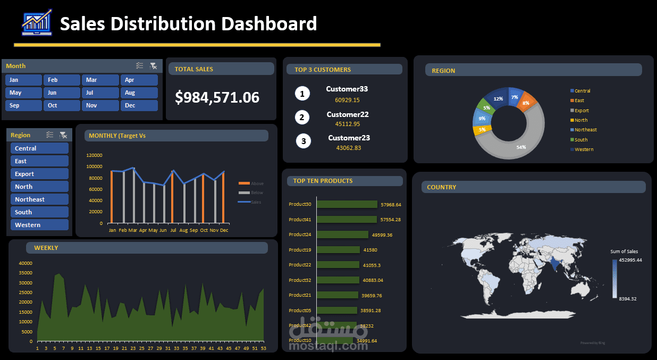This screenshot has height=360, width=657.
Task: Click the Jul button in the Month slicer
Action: (x=100, y=93)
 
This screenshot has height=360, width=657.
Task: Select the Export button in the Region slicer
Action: (x=39, y=174)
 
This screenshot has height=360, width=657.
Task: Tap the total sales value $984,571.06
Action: (x=217, y=97)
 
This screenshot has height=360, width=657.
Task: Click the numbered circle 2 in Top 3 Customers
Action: (x=302, y=118)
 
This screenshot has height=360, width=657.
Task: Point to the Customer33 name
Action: (x=347, y=89)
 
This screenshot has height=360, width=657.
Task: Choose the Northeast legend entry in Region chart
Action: (x=585, y=130)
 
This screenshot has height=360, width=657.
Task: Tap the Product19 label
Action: (x=300, y=250)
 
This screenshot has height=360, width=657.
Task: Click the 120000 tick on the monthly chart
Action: (x=94, y=155)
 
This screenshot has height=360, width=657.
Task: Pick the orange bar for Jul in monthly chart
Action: (x=172, y=197)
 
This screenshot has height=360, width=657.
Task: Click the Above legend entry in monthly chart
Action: (x=257, y=183)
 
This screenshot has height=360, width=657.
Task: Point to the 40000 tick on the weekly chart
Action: (x=26, y=263)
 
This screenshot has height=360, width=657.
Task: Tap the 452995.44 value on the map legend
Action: (x=631, y=260)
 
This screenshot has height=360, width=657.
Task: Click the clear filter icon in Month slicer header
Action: (x=153, y=66)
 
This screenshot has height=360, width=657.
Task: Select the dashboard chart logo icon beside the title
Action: (x=37, y=22)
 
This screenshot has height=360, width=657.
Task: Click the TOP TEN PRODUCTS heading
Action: (x=323, y=181)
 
